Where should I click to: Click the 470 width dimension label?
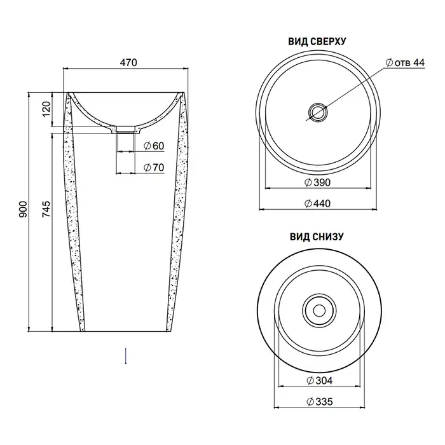(128, 62)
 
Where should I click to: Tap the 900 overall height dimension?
(23, 209)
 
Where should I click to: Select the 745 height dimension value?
(46, 209)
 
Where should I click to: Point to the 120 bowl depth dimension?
(46, 109)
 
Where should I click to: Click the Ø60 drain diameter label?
(154, 146)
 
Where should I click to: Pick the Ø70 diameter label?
(154, 167)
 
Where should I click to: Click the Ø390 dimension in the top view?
(318, 182)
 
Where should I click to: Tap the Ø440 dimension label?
(318, 203)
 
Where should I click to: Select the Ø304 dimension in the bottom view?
(320, 380)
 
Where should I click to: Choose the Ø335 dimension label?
(320, 402)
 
